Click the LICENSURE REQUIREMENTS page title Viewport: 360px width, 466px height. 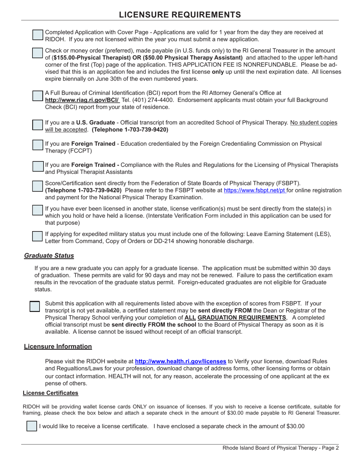180,14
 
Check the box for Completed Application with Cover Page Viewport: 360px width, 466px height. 38,35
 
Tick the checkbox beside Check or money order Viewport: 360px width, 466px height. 38,53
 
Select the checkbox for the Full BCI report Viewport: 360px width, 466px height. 38,96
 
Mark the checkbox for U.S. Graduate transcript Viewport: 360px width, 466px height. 38,125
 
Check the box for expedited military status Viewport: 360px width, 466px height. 38,236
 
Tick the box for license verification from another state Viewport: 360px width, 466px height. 38,210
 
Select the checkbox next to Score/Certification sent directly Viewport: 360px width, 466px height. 38,186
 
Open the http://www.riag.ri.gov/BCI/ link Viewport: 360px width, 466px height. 82,100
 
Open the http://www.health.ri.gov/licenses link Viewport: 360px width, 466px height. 181,361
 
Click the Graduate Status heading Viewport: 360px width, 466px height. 49,255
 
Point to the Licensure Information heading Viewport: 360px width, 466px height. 58,346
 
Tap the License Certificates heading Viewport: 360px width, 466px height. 50,393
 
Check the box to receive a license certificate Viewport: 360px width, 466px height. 32,426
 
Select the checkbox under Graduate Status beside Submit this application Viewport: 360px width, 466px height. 34,306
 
